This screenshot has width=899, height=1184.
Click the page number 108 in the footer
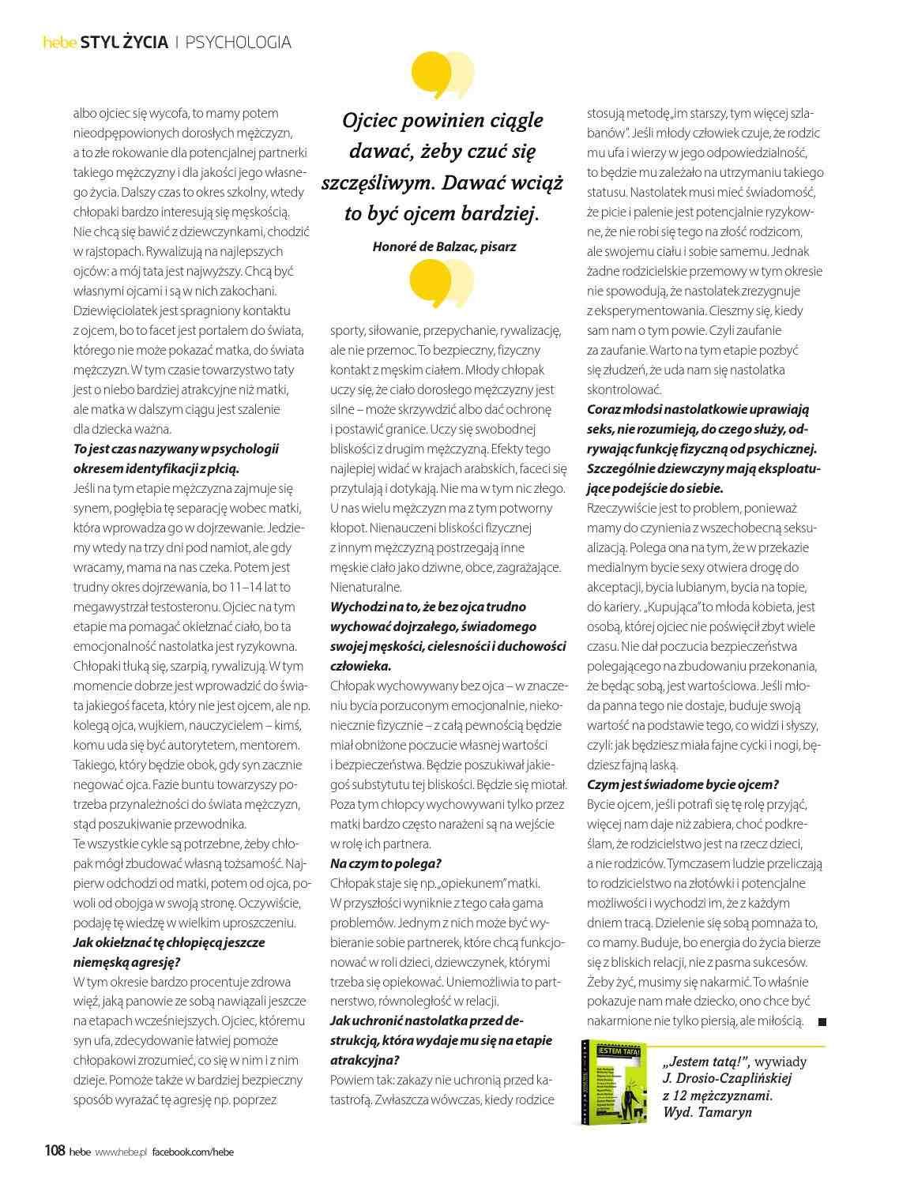point(54,1151)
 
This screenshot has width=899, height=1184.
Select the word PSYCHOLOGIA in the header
point(239,43)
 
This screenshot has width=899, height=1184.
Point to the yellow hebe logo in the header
point(59,43)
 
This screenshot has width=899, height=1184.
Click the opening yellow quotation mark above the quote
point(442,73)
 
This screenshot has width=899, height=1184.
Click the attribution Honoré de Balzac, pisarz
point(444,246)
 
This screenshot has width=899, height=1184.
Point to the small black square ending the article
point(822,1022)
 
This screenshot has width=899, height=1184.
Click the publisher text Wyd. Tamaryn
point(708,1112)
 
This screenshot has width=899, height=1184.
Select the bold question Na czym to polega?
point(386,863)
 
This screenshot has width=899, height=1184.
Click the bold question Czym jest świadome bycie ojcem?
point(683,784)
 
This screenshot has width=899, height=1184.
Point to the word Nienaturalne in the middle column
point(366,587)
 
